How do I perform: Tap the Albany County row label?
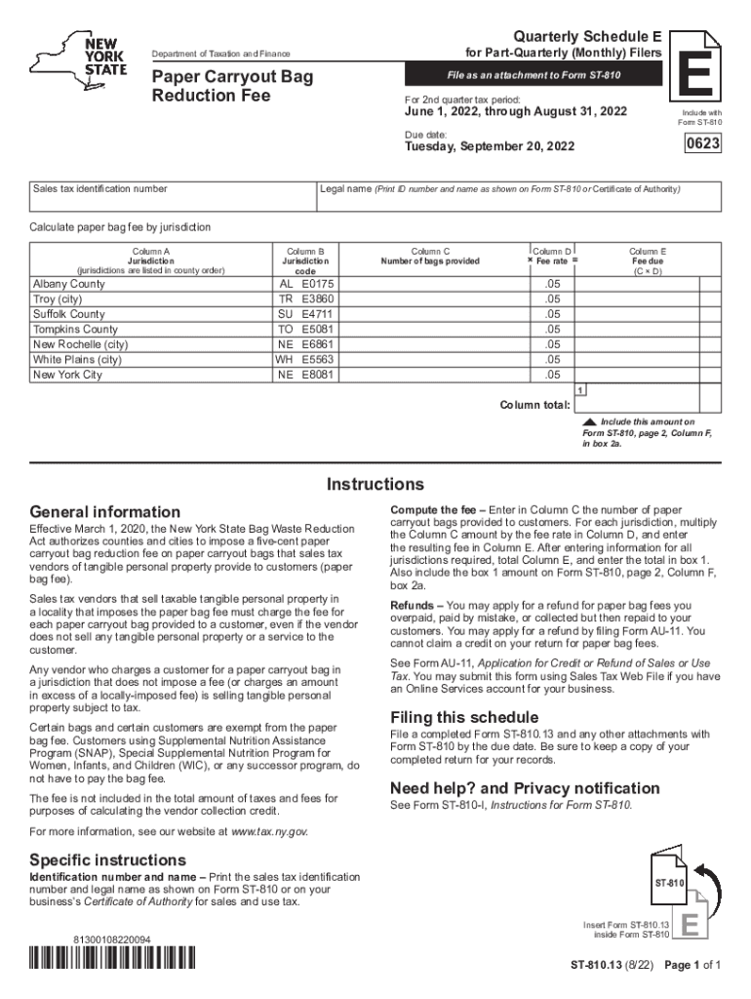point(69,284)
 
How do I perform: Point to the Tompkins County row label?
point(75,330)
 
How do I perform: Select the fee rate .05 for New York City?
point(553,375)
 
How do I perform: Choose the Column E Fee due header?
point(648,261)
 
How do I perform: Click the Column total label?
point(534,405)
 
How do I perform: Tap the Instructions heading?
point(375,485)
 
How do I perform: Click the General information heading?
point(105,512)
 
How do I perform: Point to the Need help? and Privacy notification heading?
point(525,788)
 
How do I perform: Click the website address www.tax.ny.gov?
point(268,831)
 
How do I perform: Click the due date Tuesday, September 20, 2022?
point(490,147)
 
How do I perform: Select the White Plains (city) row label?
point(77,360)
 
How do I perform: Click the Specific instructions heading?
point(108,860)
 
